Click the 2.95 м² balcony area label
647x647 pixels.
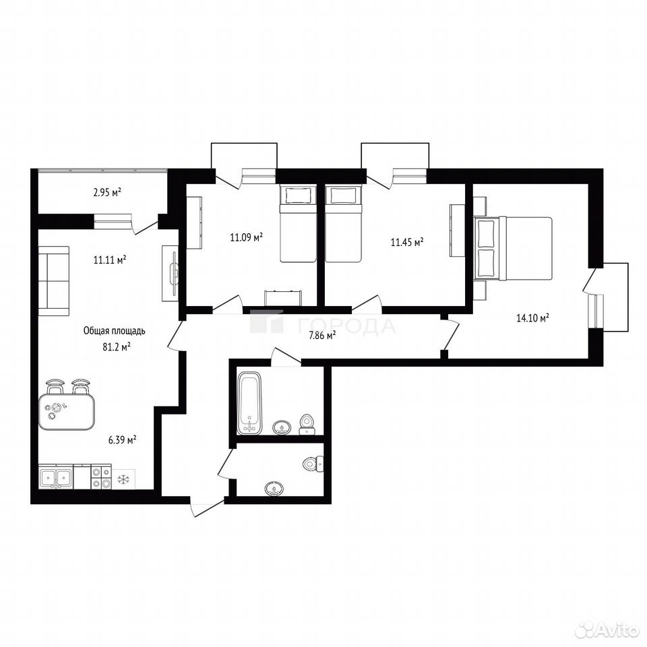click(107, 192)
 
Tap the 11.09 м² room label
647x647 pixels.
click(247, 237)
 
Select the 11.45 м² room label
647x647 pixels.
click(407, 242)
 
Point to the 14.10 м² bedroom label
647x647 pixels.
click(532, 317)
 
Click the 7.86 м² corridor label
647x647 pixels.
click(322, 336)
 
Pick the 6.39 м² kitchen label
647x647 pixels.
click(123, 440)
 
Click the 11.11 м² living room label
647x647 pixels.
click(110, 260)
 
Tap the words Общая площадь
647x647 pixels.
click(115, 331)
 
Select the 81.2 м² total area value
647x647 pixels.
click(117, 346)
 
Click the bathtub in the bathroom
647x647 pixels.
click(249, 403)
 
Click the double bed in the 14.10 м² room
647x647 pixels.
click(513, 249)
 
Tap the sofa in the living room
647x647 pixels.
click(54, 280)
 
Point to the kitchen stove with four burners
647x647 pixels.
click(101, 476)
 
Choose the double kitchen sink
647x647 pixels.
click(56, 477)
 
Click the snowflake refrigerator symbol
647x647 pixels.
click(123, 479)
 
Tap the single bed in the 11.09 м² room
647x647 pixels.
click(298, 223)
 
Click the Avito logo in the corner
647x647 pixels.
click(611, 629)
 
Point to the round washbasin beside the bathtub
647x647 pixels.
click(282, 427)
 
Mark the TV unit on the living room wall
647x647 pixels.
click(170, 273)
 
